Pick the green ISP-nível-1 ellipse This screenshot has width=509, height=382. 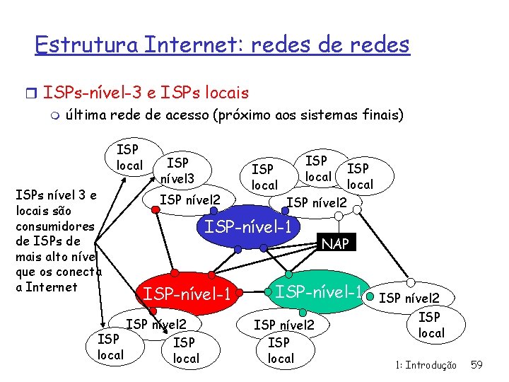319,291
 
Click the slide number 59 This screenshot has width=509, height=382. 476,365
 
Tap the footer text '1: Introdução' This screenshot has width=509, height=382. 426,365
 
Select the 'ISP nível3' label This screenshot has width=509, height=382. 177,170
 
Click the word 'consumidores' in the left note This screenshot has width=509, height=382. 54,226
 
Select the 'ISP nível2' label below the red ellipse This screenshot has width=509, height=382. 156,325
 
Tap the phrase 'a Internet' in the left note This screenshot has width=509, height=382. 46,287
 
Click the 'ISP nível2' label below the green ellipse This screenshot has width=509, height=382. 284,325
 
